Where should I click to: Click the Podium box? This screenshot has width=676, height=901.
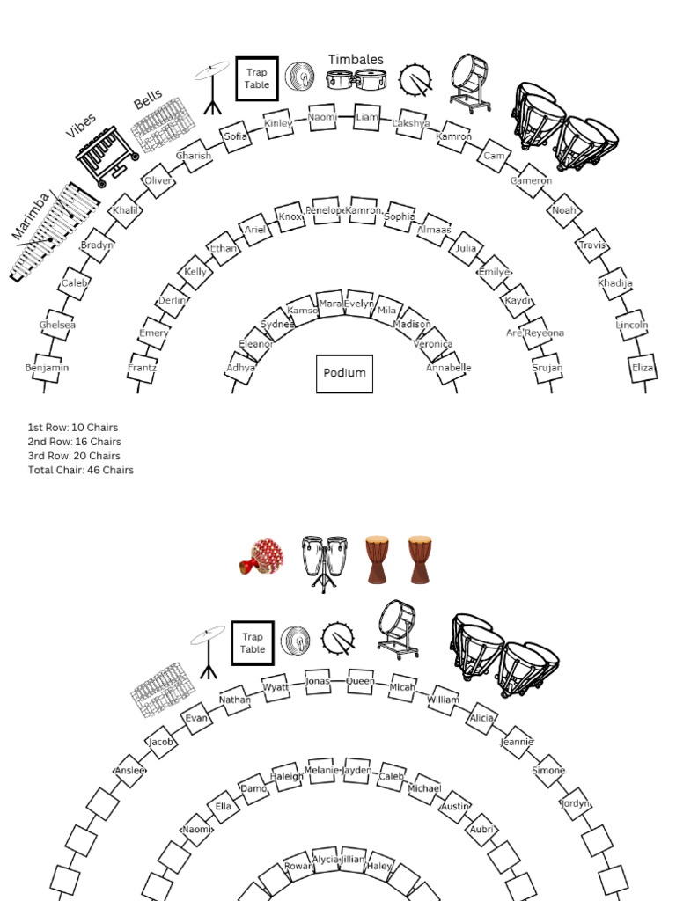[344, 373]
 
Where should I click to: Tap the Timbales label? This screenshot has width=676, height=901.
[356, 60]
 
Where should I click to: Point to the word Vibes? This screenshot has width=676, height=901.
[81, 126]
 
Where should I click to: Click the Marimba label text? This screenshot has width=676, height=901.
[32, 217]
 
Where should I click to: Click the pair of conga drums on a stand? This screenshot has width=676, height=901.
[324, 561]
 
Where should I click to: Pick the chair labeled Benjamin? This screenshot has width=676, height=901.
[47, 368]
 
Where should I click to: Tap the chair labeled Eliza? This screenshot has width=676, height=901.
[643, 368]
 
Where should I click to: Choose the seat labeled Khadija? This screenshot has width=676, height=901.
[615, 283]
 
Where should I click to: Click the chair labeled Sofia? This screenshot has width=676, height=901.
[236, 136]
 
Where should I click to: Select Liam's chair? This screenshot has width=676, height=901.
[367, 117]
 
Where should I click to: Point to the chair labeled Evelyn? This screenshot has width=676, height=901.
[358, 304]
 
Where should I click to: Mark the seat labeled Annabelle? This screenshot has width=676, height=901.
[449, 368]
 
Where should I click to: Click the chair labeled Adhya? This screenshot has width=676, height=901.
[240, 368]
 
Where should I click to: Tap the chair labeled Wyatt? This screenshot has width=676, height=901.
[276, 686]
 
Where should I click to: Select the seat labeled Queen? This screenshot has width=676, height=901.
[360, 681]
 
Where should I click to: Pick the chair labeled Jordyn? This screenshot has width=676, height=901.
[575, 803]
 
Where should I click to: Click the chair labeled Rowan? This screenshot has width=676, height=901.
[299, 867]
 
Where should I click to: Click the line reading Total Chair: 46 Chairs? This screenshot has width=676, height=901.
[81, 470]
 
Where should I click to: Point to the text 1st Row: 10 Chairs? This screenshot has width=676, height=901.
[73, 428]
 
